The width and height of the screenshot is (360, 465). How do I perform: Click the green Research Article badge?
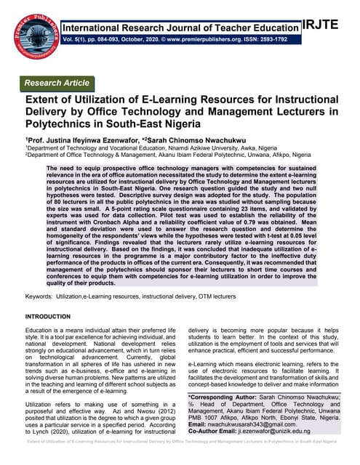point(58,83)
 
